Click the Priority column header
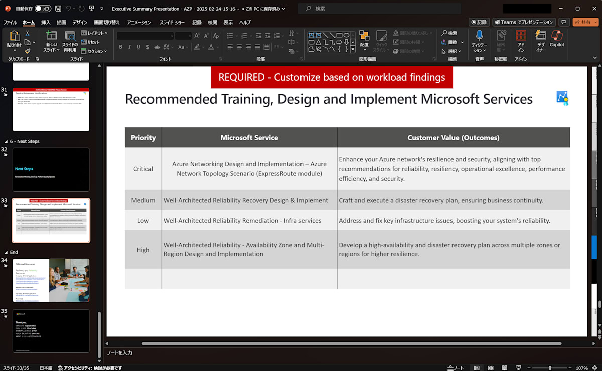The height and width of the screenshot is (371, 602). coord(143,137)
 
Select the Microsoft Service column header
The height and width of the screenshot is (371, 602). coord(249,137)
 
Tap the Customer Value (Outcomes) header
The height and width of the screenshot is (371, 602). coord(453,137)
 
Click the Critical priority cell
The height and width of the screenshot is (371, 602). coord(143,169)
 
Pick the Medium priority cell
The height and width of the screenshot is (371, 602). coord(143,200)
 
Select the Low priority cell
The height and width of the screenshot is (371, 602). coord(143,220)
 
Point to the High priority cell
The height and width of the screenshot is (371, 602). coord(143,250)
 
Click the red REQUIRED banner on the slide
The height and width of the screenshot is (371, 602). coord(332,77)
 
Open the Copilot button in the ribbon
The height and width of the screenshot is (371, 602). coord(557,39)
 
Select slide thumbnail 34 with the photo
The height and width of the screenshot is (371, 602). coord(51,280)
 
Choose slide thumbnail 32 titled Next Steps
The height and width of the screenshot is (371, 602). coord(51,169)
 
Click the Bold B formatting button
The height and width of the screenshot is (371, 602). coord(120,47)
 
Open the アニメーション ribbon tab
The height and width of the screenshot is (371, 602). coord(139,22)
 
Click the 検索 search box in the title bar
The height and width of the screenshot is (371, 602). coord(379,9)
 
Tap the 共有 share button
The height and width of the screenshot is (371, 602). coord(585,22)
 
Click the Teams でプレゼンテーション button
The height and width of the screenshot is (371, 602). coord(524,22)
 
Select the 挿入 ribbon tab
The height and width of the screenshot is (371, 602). coord(46,22)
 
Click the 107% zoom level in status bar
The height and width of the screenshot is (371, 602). coord(581,368)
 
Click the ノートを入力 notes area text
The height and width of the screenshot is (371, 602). coord(120,353)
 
